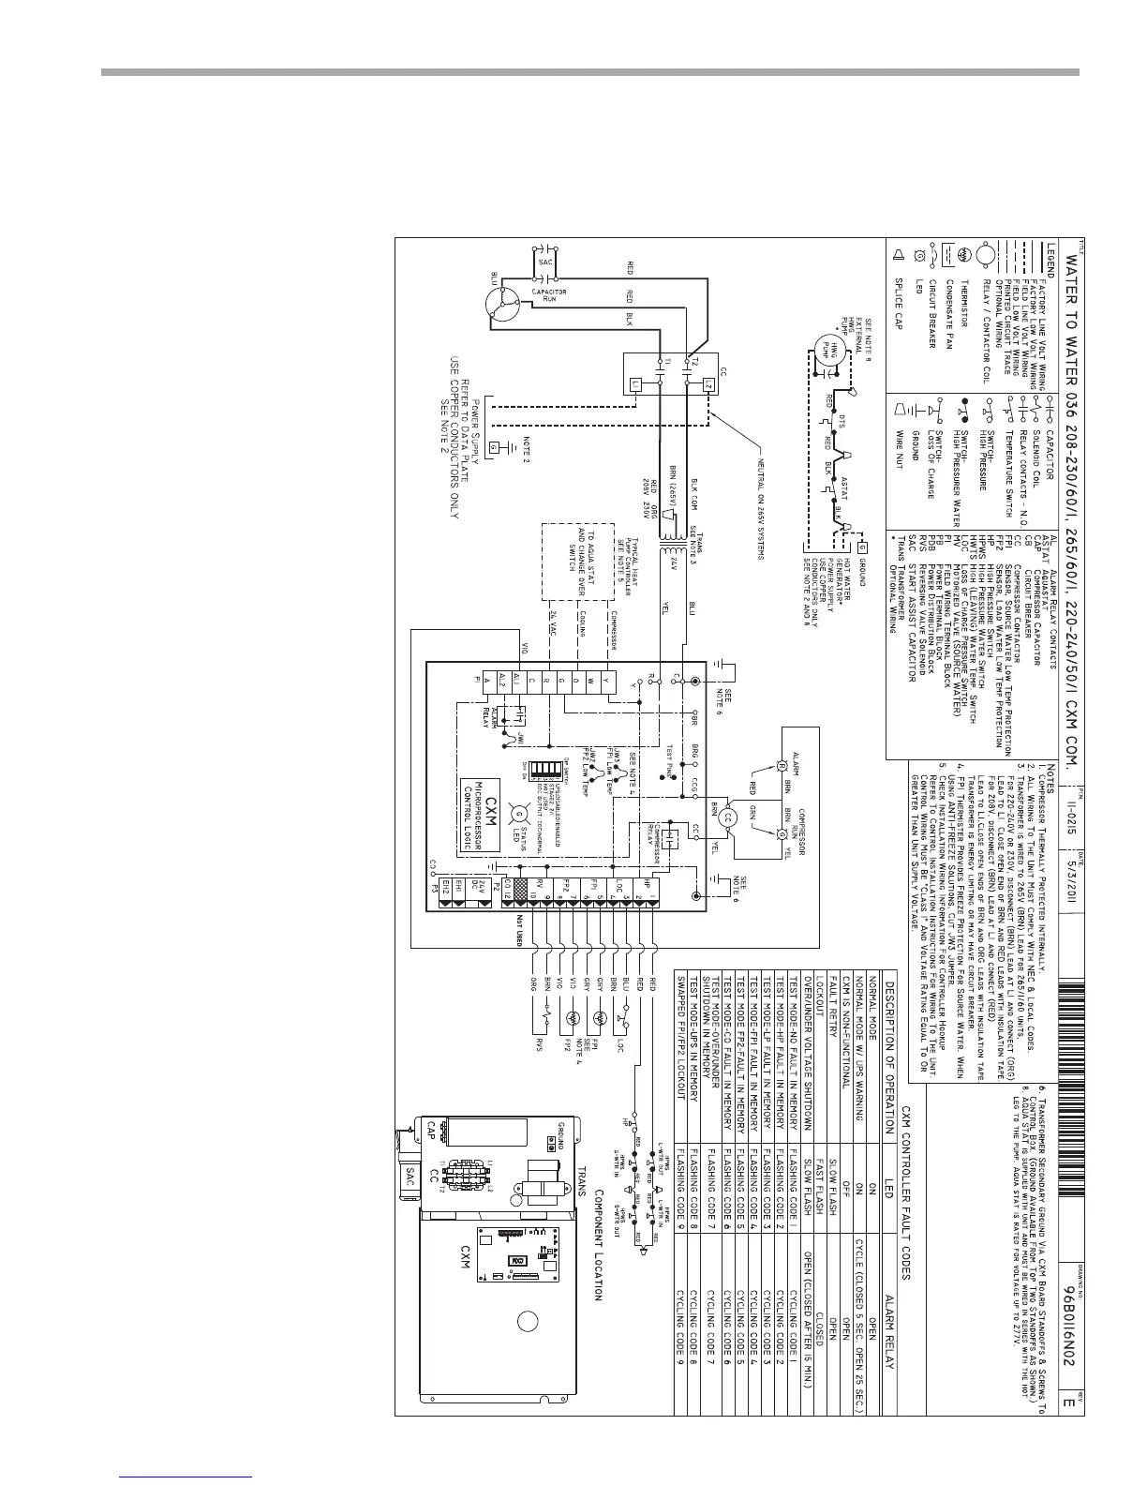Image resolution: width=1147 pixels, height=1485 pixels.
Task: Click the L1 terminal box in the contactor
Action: (x=636, y=384)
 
